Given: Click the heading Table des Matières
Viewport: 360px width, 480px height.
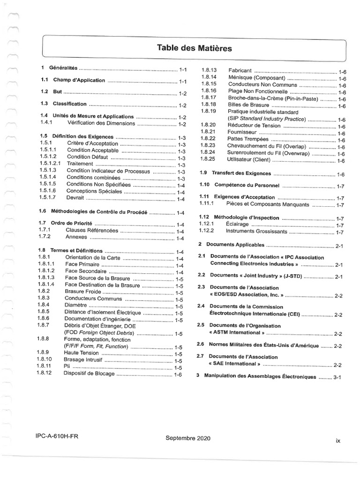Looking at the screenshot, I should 194,48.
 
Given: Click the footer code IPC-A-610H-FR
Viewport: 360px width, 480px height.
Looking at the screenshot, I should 57,436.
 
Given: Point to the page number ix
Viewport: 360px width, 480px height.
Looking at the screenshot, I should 337,440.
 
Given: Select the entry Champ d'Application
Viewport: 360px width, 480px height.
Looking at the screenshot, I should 79,80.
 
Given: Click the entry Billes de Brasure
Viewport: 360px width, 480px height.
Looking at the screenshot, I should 248,105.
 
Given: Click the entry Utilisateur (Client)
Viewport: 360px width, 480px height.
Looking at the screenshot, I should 249,160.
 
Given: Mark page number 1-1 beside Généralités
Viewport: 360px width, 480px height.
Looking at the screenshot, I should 182,69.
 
